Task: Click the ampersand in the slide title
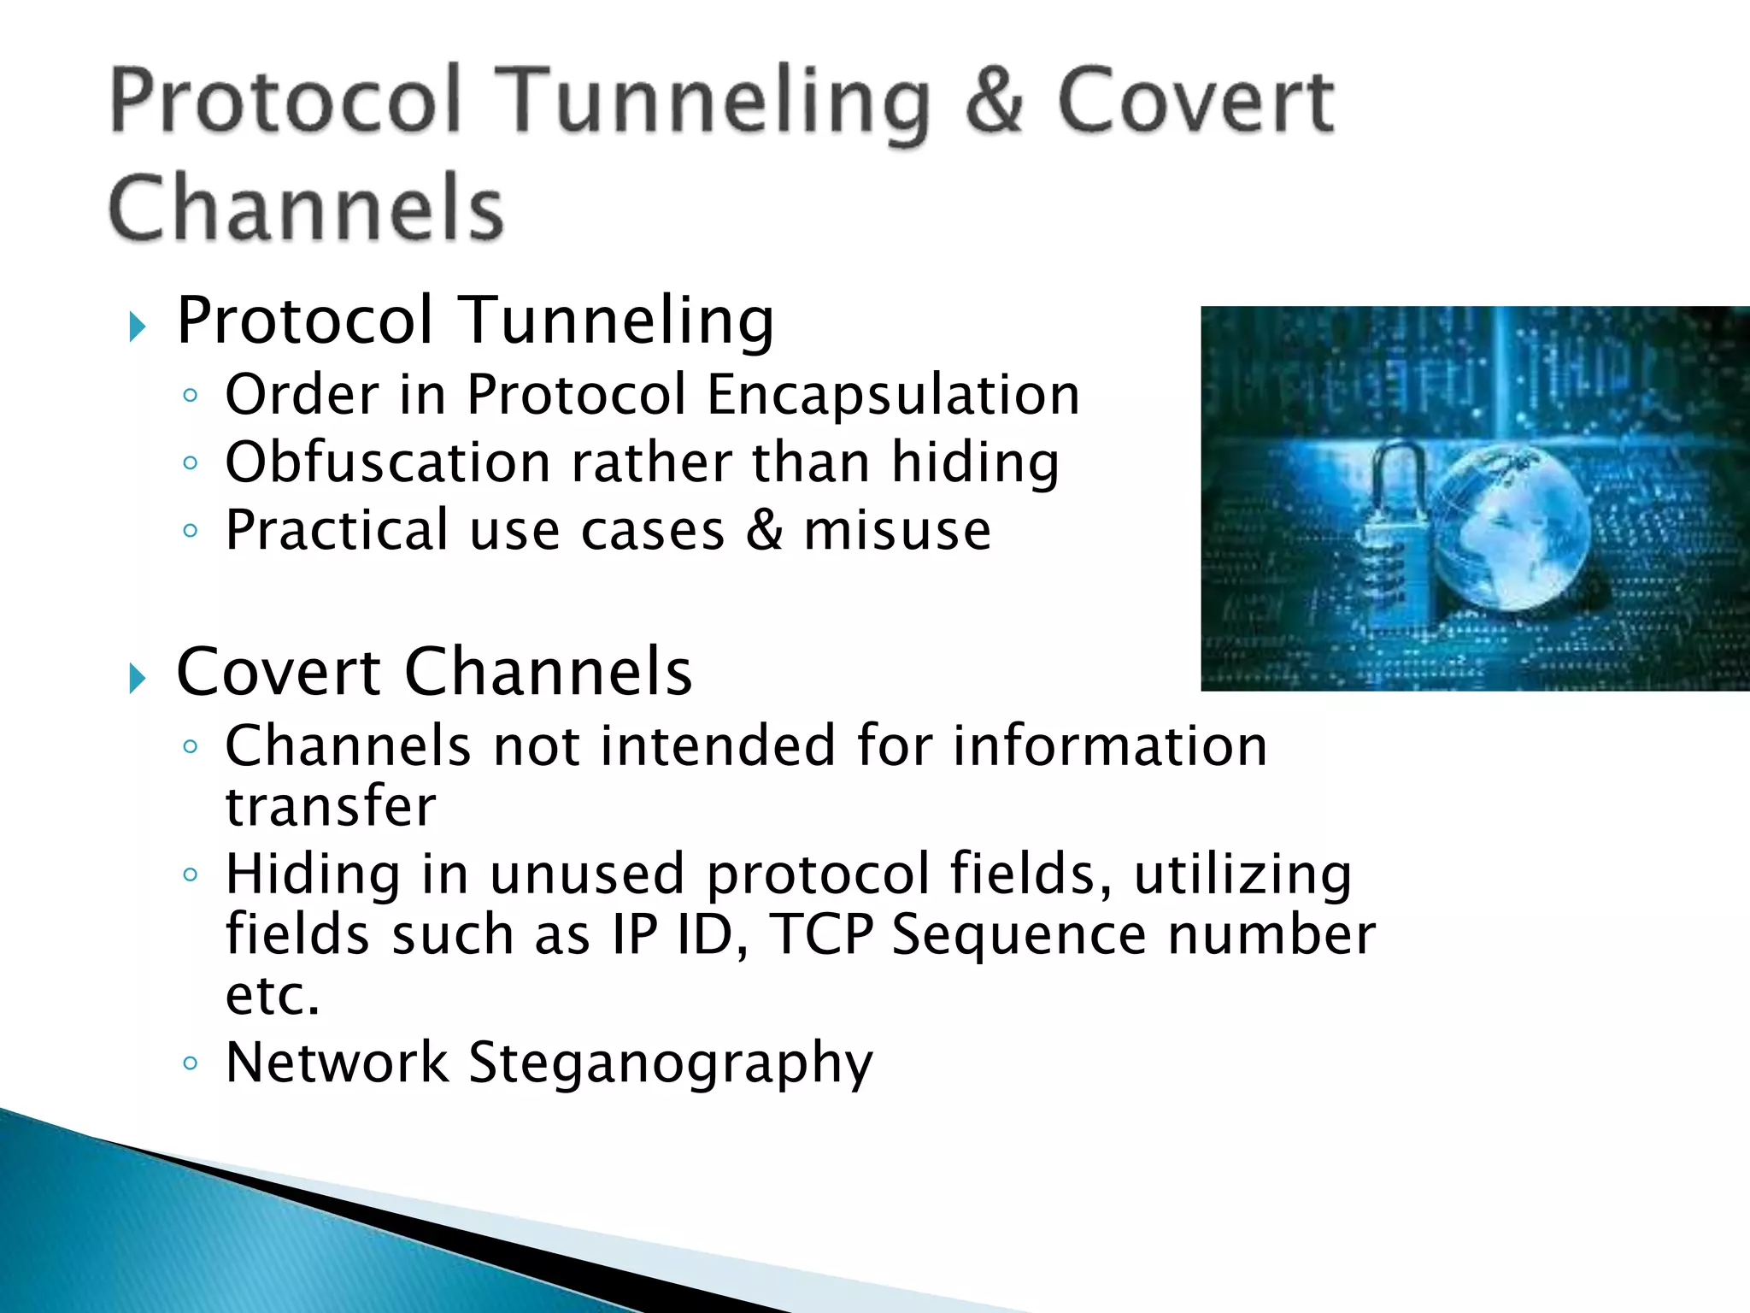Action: pyautogui.click(x=994, y=103)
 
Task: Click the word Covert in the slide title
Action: pyautogui.click(x=1195, y=103)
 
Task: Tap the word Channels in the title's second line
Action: pyautogui.click(x=306, y=209)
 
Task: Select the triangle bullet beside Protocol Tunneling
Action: pyautogui.click(x=137, y=327)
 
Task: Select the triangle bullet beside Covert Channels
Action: pyautogui.click(x=137, y=679)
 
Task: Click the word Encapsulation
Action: pyautogui.click(x=893, y=395)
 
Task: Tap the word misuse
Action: pyautogui.click(x=897, y=530)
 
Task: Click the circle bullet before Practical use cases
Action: pyautogui.click(x=191, y=531)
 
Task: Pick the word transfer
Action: pyautogui.click(x=331, y=806)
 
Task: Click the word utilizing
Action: pyautogui.click(x=1242, y=875)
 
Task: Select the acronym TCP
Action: pyautogui.click(x=821, y=934)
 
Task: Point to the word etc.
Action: pyautogui.click(x=272, y=996)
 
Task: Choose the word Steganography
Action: pyautogui.click(x=671, y=1063)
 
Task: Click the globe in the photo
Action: pyautogui.click(x=1512, y=530)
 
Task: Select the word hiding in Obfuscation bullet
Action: pyautogui.click(x=975, y=462)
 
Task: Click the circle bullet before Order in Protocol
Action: pyautogui.click(x=191, y=395)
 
